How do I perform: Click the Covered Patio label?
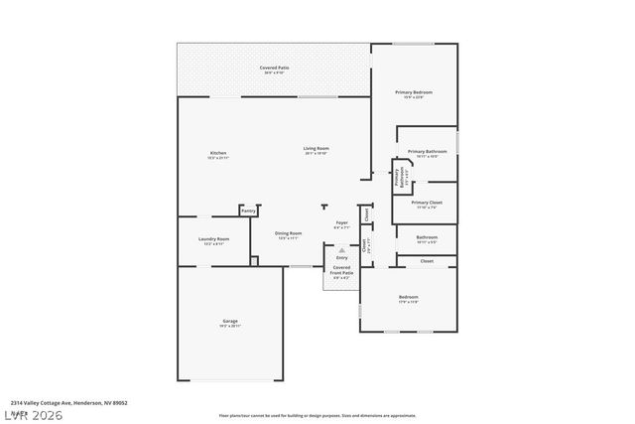pos(273,68)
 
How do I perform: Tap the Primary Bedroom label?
pos(414,92)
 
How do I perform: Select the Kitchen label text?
pos(218,153)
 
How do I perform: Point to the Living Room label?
pos(316,149)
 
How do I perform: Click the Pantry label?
pos(248,211)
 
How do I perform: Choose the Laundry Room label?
pos(215,239)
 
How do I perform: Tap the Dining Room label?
pos(289,233)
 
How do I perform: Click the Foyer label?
pos(341,223)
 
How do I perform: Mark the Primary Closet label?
pos(427,203)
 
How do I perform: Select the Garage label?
pos(229,321)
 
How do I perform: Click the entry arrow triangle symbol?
pos(341,250)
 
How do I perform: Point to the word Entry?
pos(341,258)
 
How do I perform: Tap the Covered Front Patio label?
pos(341,270)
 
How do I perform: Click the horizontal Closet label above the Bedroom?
pos(427,261)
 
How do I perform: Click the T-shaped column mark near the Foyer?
pos(324,207)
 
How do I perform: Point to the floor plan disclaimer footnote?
pos(317,415)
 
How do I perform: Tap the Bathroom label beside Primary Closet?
pos(427,237)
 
